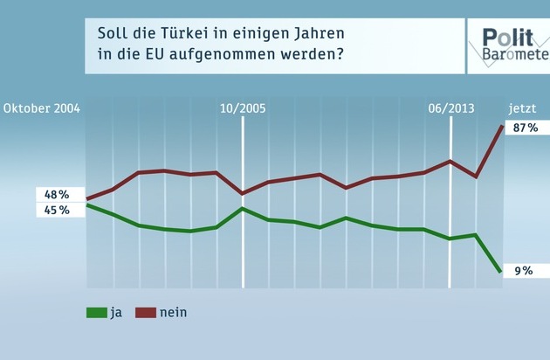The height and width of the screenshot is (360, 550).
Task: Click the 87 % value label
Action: [x=526, y=128]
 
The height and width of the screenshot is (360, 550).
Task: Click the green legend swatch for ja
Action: [x=96, y=312]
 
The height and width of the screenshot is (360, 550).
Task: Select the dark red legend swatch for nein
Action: [x=146, y=312]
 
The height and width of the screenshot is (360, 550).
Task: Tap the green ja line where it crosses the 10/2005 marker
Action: [x=243, y=209]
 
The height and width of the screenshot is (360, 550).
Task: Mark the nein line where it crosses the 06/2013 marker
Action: [x=450, y=161]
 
